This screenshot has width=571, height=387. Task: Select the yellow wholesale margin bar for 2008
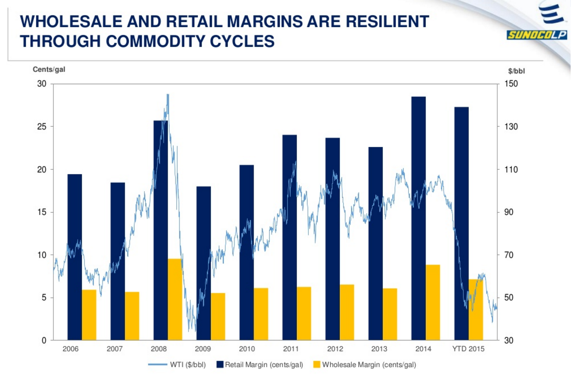point(175,299)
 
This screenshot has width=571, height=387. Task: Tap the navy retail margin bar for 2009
point(203,263)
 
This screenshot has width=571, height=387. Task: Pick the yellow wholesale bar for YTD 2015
point(476,310)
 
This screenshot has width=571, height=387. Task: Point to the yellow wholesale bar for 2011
point(304,313)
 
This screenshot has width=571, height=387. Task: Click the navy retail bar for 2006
point(75,257)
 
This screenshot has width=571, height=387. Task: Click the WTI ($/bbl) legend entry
point(177,365)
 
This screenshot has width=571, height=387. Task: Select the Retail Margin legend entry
point(260,365)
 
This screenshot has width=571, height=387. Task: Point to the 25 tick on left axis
point(42,127)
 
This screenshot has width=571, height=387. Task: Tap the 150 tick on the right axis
point(511,84)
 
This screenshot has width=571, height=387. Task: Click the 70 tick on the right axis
point(509,255)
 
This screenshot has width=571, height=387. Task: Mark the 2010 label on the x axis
point(246,349)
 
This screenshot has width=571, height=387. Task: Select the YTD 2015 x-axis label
point(468,349)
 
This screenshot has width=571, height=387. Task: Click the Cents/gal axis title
point(49,70)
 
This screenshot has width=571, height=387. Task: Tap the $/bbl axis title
point(516,71)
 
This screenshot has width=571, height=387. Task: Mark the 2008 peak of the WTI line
point(168,95)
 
